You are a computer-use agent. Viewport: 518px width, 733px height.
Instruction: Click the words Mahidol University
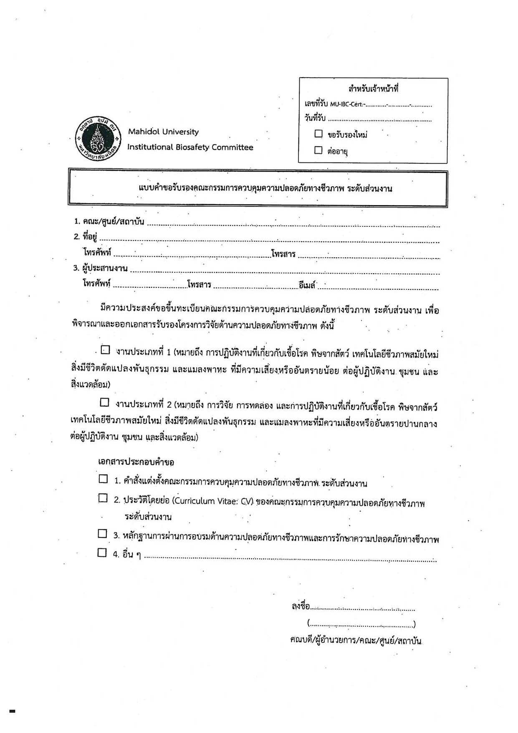coord(163,132)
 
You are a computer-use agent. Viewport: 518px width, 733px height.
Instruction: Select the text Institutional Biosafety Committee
coord(190,147)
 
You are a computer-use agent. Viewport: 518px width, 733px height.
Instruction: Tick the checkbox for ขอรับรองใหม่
coord(318,134)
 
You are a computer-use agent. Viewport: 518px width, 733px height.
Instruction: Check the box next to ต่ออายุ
coord(318,150)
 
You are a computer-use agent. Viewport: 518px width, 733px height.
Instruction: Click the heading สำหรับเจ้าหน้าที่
coord(373,89)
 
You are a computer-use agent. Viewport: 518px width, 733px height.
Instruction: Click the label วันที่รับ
coord(315,118)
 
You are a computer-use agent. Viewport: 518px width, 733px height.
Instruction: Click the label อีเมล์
coord(307,285)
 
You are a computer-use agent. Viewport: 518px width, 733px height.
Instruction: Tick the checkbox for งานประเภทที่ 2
coord(104,402)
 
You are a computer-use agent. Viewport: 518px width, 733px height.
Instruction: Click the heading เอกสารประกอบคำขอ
coord(136,462)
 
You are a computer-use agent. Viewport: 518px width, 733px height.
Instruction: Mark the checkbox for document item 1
coord(103,479)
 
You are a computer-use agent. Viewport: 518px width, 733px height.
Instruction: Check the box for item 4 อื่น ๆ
coord(102,553)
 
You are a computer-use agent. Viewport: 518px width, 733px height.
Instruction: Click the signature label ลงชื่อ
coord(301,606)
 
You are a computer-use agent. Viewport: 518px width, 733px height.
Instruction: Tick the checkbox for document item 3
coord(102,533)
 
